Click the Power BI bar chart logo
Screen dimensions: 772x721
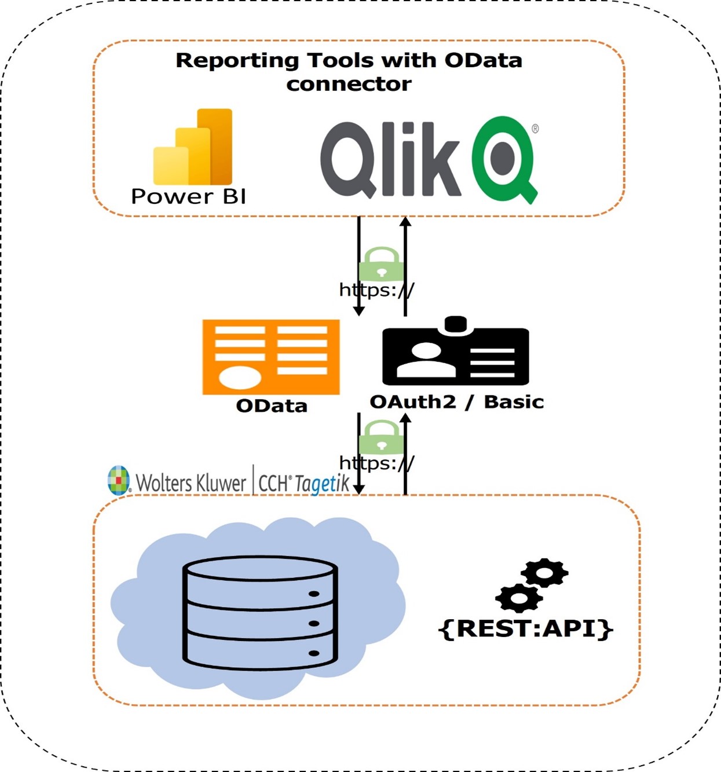[x=193, y=147]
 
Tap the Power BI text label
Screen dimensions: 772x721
[x=188, y=196]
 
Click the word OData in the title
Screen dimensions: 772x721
[x=483, y=60]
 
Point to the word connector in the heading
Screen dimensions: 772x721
[x=349, y=84]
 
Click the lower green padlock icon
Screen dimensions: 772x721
[x=381, y=438]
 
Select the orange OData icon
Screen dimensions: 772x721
[x=270, y=357]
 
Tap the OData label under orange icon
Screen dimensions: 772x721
[x=271, y=405]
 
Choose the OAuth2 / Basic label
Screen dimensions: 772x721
[x=456, y=402]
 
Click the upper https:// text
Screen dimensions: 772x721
[x=376, y=290]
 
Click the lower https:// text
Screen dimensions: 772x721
[x=376, y=463]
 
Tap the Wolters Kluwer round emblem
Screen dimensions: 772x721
[x=119, y=480]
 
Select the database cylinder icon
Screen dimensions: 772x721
[x=260, y=613]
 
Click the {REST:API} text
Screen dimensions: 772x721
[x=525, y=628]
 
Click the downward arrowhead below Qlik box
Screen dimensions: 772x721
[x=359, y=311]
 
